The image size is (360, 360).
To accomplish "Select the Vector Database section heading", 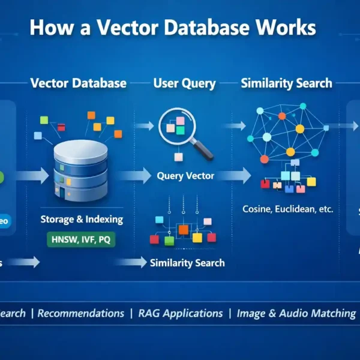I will pyautogui.click(x=79, y=83).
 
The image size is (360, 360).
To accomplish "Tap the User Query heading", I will pyautogui.click(x=184, y=83).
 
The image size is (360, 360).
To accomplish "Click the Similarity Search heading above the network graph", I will pyautogui.click(x=286, y=83).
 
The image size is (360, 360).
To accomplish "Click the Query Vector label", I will pyautogui.click(x=185, y=176).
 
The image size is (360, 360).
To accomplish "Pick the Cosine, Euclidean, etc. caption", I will pyautogui.click(x=287, y=209).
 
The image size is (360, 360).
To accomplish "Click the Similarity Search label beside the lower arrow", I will pyautogui.click(x=187, y=263).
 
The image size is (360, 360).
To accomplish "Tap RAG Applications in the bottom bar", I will pyautogui.click(x=180, y=313).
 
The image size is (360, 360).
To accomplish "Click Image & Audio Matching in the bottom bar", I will pyautogui.click(x=296, y=313).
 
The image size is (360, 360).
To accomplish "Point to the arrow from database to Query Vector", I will pyautogui.click(x=135, y=176).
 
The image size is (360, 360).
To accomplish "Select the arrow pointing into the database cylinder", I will pyautogui.click(x=32, y=176).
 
